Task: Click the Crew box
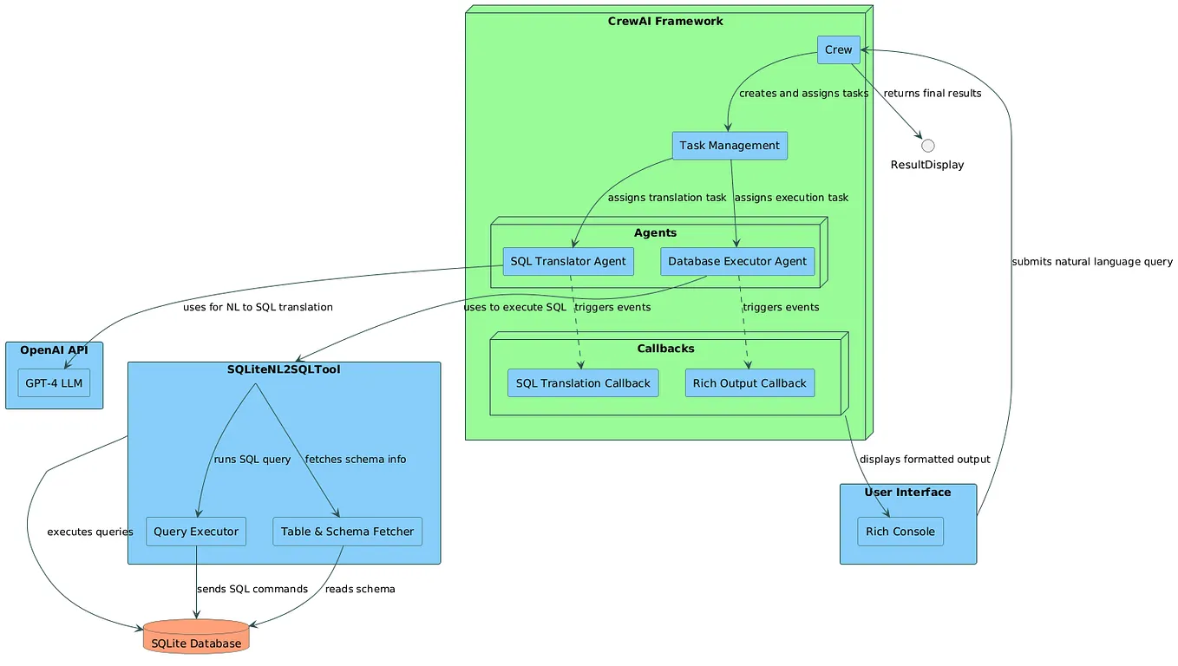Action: coord(838,49)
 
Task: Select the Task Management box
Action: coord(730,146)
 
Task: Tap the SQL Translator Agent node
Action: coord(568,261)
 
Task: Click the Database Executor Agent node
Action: coord(737,261)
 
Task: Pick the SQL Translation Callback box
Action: coord(583,382)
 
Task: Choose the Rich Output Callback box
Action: coord(749,382)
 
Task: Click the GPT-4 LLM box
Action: coord(54,382)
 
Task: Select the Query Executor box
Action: coord(196,532)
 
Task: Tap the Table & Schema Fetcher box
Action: coord(347,532)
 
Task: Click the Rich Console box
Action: coord(900,532)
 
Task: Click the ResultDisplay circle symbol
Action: coord(927,145)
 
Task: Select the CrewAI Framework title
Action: coord(665,21)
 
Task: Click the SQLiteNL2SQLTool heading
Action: coord(284,369)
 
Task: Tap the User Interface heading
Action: coord(907,493)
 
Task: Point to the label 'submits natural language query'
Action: coord(1091,261)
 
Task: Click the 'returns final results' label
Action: coord(932,93)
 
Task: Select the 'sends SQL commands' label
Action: coord(252,589)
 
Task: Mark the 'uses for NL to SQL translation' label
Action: coord(258,307)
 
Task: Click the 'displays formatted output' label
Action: coord(925,459)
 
